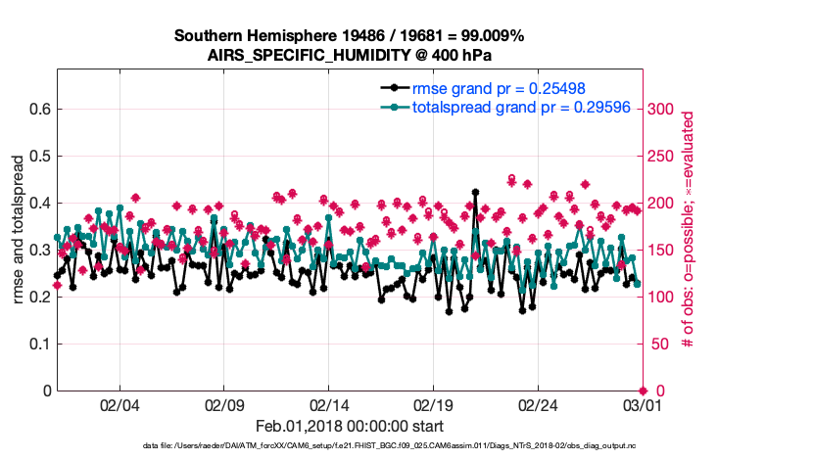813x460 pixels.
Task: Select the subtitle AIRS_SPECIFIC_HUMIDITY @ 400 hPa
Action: [x=350, y=55]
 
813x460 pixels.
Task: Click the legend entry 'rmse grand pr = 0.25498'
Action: [x=476, y=89]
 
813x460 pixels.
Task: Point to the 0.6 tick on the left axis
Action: [x=39, y=109]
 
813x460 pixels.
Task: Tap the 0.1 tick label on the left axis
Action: [x=39, y=344]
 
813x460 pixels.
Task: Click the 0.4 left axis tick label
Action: [x=39, y=203]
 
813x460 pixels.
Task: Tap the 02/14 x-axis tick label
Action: [x=329, y=405]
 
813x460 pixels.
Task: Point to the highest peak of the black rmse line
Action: [x=475, y=193]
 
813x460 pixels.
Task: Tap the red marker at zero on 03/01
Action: [x=642, y=391]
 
